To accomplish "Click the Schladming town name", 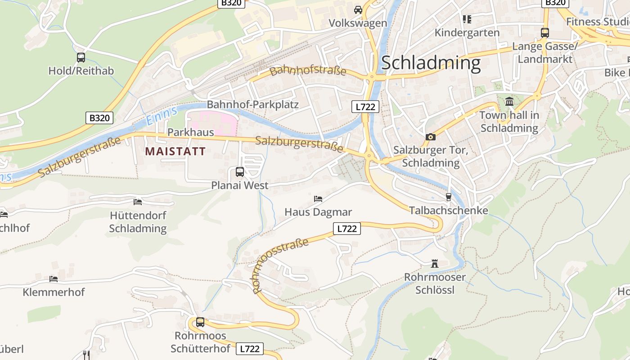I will pos(431,63).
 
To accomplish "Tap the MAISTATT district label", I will pos(175,152).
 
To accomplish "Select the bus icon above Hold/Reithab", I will pos(81,58).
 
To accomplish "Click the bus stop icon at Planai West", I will pos(240,172).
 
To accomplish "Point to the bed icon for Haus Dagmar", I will pos(318,198).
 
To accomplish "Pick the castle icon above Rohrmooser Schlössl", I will pos(435,264).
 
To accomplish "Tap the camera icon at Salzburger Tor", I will pos(431,137).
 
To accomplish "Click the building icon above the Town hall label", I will pos(509,102).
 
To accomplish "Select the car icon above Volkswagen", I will pos(358,9).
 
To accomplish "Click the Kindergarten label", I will pos(467,33).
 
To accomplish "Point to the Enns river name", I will pos(158,117).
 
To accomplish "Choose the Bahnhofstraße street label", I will pos(308,71).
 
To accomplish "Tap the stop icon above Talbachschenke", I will pos(448,197).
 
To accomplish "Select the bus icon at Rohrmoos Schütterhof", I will pos(200,322).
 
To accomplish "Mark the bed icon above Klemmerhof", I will pos(54,279).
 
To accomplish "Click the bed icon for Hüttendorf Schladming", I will pos(138,202).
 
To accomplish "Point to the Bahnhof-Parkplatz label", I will pos(252,105).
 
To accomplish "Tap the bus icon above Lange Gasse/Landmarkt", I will pos(545,32).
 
